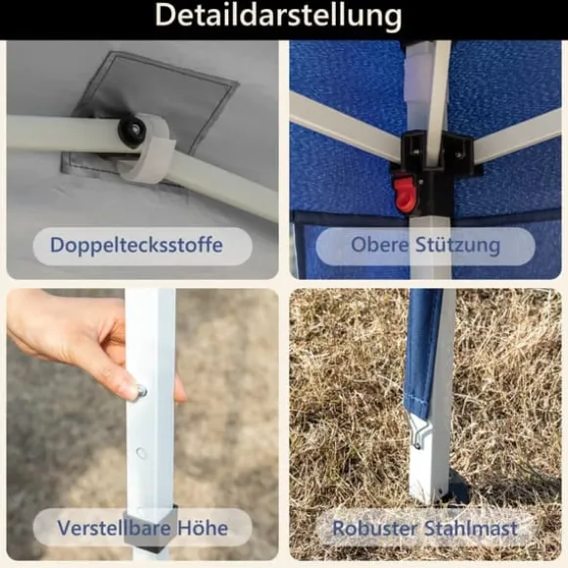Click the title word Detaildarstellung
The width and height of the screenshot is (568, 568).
coord(278,17)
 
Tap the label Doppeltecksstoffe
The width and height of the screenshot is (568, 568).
coord(136,245)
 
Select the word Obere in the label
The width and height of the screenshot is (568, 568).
coord(380,245)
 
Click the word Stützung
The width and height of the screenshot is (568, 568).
coord(458,245)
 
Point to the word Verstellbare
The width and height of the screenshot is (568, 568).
coord(115,528)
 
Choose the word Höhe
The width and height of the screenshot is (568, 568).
coord(203,528)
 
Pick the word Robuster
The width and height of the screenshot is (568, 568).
coord(375,528)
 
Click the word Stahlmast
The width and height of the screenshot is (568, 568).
coord(470,528)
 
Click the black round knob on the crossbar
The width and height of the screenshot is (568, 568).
coord(132,127)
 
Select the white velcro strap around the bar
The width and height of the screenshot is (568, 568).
coord(149,149)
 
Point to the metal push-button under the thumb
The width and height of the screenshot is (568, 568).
coord(140,391)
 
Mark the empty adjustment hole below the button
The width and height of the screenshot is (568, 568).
coord(141,452)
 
